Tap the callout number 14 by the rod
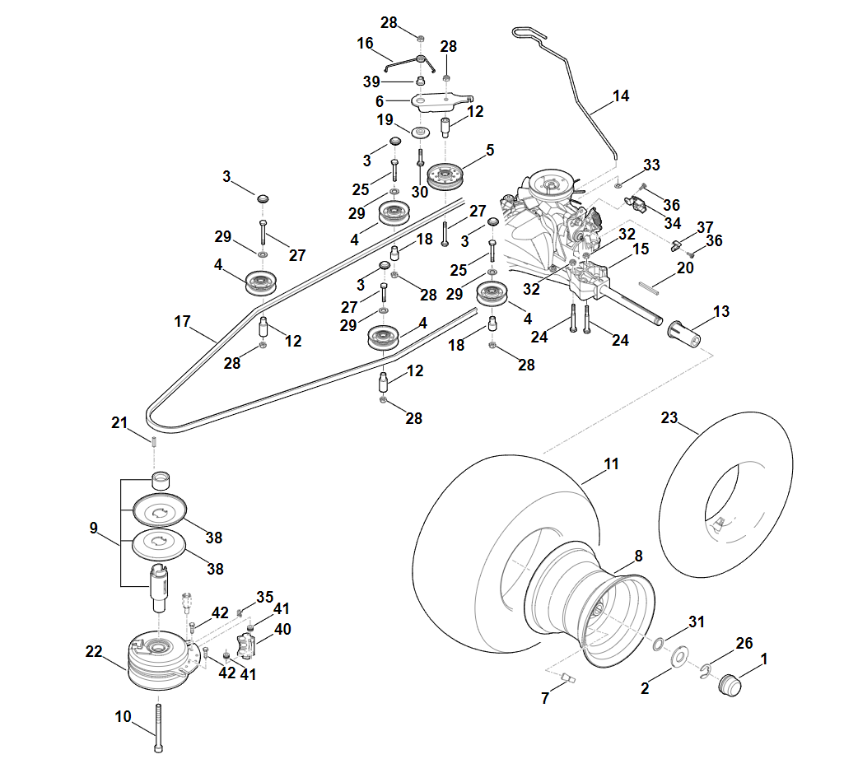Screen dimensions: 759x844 (x=621, y=96)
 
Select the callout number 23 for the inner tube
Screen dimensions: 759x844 (x=669, y=418)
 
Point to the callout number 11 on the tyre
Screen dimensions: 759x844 (x=610, y=464)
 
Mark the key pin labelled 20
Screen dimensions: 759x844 (x=650, y=287)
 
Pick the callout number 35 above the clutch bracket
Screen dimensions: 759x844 (x=264, y=596)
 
